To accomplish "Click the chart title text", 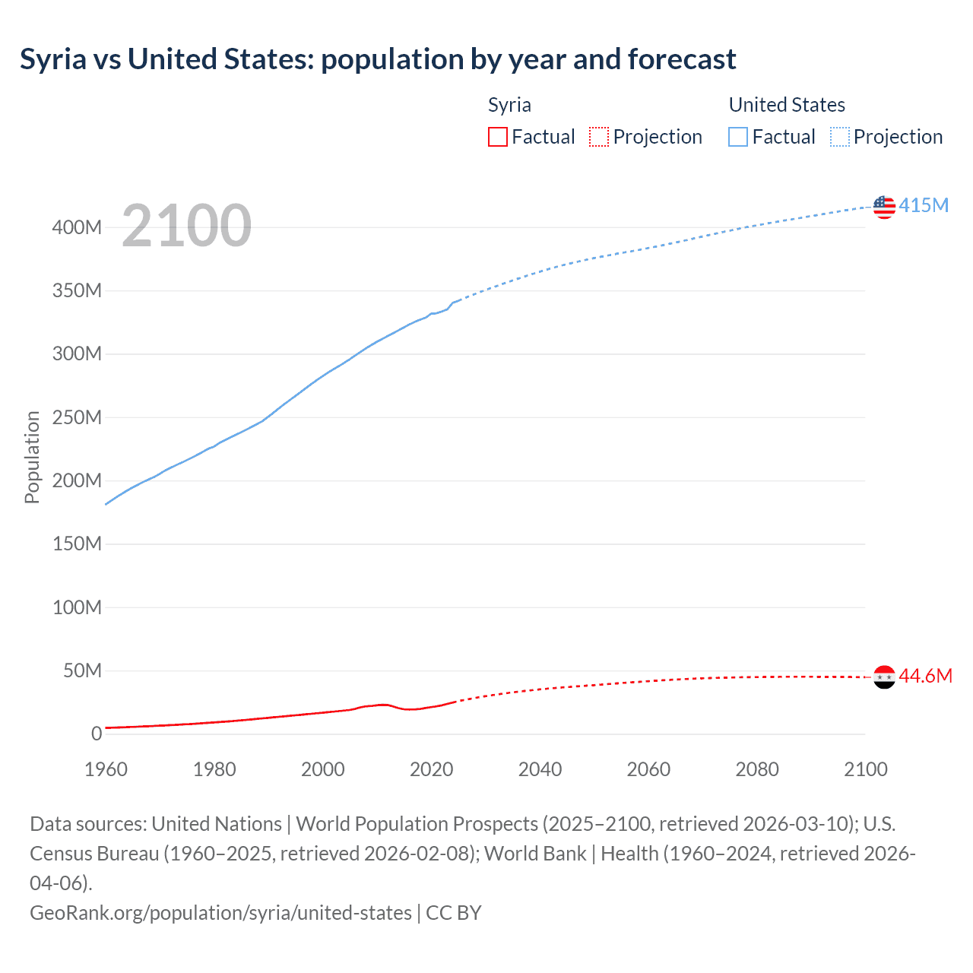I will click(x=378, y=59).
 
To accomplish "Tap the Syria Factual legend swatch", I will click(x=497, y=137).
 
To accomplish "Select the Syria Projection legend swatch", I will click(x=599, y=137).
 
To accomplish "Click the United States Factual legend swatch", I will click(x=737, y=137).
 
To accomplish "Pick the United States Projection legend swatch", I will click(x=840, y=137).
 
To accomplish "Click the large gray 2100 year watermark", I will click(x=186, y=226).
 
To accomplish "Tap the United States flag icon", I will click(x=884, y=206).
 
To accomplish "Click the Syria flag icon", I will click(x=884, y=677).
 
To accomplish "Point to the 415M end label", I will click(x=924, y=205).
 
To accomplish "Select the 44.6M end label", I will click(x=925, y=676).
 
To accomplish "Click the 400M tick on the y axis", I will click(x=77, y=227).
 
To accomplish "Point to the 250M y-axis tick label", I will click(x=77, y=417).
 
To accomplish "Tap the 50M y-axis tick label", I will click(x=82, y=670).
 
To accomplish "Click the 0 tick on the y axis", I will click(x=97, y=734).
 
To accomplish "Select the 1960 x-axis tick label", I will click(x=106, y=769).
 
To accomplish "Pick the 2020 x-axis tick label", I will click(x=432, y=769).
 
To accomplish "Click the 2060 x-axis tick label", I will click(x=648, y=769).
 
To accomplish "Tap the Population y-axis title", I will click(x=32, y=457).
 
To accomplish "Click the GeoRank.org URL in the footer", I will click(x=220, y=912).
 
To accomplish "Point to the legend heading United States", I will click(x=787, y=105).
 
